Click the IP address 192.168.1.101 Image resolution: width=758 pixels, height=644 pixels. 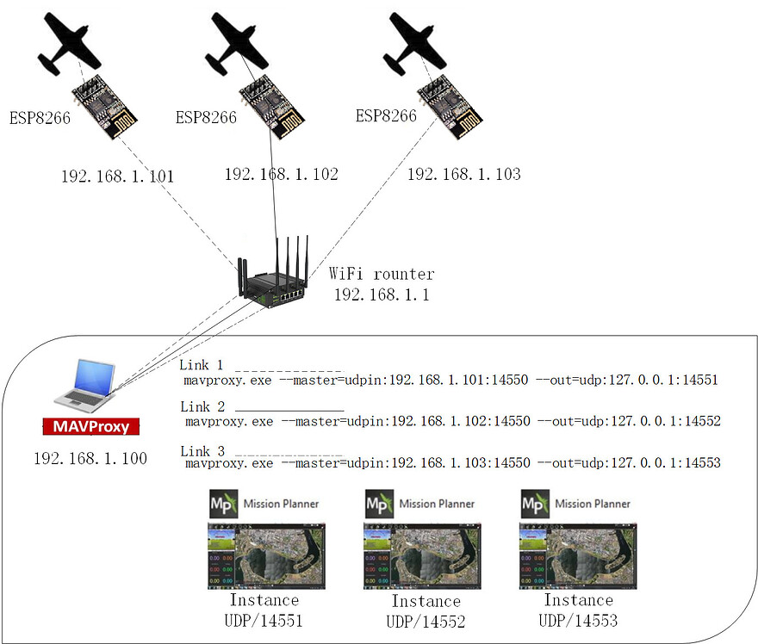point(117,176)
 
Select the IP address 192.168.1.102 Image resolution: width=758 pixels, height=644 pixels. point(281,174)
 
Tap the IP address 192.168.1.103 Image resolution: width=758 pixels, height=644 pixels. point(463,174)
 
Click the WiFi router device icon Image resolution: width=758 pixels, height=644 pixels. point(274,274)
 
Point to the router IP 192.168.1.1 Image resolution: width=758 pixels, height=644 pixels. point(381,294)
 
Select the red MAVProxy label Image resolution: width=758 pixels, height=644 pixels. point(91,426)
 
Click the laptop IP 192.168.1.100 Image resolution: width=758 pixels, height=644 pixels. point(90,458)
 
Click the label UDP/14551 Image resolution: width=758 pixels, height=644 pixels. point(264,619)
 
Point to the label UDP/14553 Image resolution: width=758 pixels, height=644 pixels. point(578,620)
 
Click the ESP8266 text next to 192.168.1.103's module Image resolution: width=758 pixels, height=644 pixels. point(386,116)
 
